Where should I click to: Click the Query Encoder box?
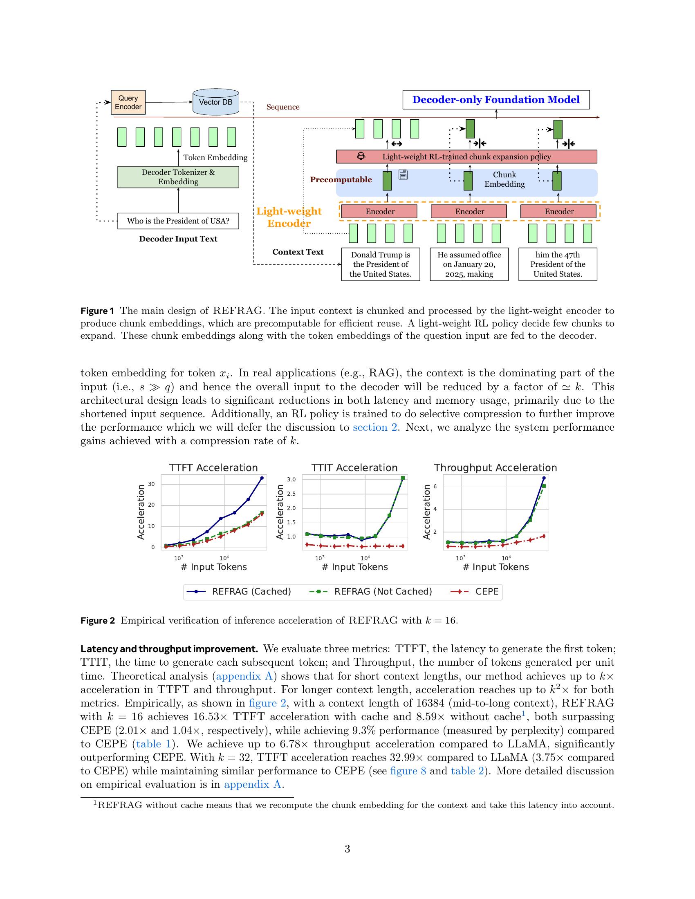[128, 102]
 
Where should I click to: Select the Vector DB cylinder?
[216, 102]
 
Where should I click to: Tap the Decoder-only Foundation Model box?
[496, 100]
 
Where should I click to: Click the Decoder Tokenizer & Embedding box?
[178, 177]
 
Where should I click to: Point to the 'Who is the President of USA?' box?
[178, 221]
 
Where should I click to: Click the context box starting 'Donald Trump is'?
[381, 264]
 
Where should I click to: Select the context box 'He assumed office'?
[469, 264]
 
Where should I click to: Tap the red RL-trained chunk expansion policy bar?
[466, 157]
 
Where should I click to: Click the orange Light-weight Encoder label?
[289, 217]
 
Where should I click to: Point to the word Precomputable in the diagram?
[341, 180]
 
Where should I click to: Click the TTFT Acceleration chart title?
[213, 467]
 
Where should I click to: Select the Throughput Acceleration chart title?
[495, 467]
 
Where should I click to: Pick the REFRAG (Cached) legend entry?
[239, 592]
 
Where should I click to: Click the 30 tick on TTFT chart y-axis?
[152, 484]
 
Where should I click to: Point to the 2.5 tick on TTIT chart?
[291, 494]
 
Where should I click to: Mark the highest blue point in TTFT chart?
[262, 478]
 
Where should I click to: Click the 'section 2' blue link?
[374, 427]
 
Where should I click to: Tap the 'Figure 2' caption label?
[98, 620]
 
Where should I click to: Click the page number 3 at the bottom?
[347, 849]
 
